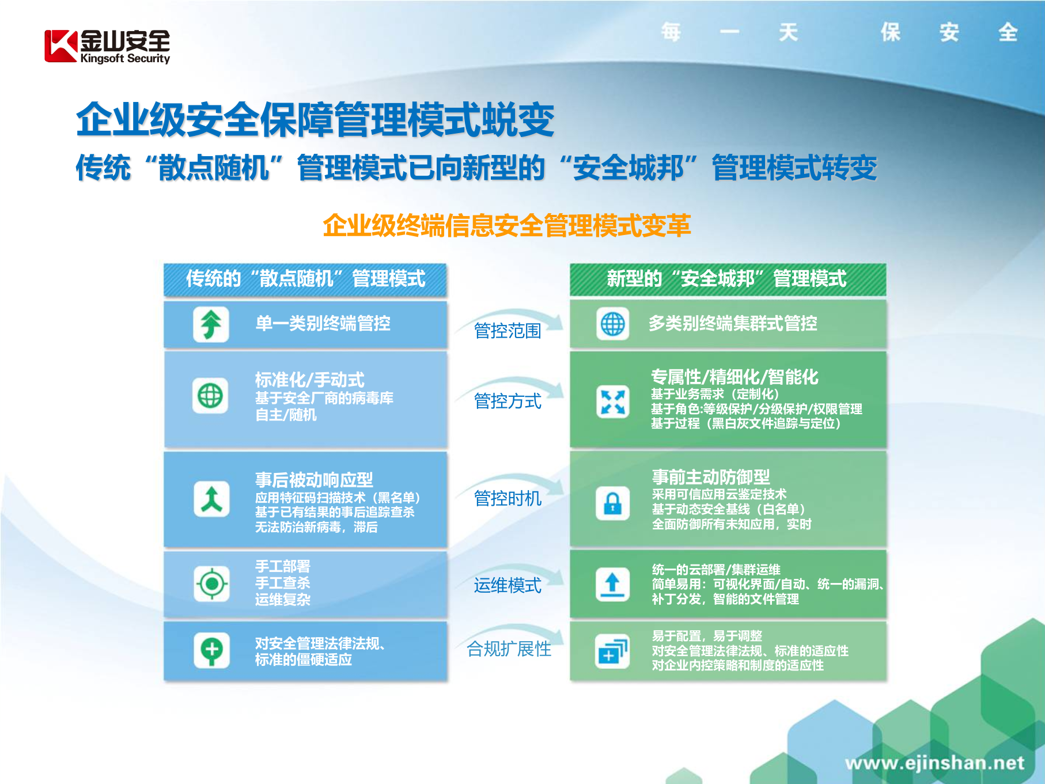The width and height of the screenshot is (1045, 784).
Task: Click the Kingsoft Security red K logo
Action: click(x=60, y=46)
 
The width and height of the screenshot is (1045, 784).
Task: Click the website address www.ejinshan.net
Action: click(x=934, y=763)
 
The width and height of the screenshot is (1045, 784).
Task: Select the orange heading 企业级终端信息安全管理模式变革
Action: click(x=506, y=225)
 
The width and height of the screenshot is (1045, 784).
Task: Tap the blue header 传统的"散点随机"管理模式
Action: click(x=305, y=279)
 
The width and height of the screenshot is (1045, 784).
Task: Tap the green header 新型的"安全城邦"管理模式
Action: click(x=727, y=279)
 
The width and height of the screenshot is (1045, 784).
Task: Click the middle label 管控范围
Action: click(x=508, y=331)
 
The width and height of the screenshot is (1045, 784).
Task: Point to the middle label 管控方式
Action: click(x=508, y=401)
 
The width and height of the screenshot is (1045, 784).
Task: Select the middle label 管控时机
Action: click(x=508, y=498)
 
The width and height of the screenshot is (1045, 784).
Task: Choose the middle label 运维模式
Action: click(x=508, y=585)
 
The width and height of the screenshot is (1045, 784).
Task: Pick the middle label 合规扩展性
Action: click(x=509, y=649)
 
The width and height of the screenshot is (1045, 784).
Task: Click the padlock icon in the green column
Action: click(x=612, y=503)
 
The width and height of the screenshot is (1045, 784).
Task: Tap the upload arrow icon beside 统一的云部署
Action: click(x=612, y=584)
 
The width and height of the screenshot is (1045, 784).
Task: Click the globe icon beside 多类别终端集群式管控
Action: click(x=612, y=324)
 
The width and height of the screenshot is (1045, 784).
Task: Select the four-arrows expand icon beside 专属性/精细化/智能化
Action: click(x=612, y=402)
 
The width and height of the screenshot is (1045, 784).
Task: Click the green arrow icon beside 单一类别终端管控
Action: click(x=211, y=324)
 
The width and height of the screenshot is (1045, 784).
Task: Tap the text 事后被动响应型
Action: click(x=314, y=480)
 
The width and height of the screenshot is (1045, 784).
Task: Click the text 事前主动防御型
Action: click(x=711, y=477)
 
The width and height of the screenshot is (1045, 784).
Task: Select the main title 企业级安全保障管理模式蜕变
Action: click(x=315, y=120)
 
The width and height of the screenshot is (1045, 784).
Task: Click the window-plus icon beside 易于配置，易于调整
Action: click(x=612, y=652)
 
